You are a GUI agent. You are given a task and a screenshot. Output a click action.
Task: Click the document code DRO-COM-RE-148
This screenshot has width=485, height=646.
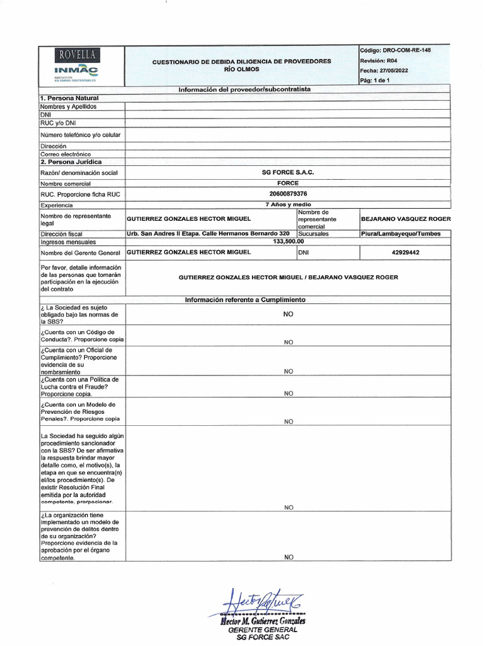click(407, 50)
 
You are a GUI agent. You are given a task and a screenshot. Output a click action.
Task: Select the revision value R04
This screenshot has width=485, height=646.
click(393, 60)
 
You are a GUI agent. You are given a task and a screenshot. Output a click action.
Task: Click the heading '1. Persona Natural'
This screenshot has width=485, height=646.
click(69, 98)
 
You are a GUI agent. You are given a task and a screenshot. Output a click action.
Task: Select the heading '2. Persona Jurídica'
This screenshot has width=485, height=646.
click(71, 162)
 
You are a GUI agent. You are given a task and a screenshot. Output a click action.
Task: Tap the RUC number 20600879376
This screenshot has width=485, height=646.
click(287, 194)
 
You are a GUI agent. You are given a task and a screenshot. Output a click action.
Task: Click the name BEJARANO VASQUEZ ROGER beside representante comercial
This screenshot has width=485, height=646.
click(405, 219)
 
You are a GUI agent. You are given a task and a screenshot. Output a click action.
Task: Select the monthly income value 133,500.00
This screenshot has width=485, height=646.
click(288, 241)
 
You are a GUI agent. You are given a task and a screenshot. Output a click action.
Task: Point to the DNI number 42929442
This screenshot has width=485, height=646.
click(405, 252)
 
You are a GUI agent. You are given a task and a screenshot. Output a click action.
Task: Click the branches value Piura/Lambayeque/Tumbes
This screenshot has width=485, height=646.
click(405, 233)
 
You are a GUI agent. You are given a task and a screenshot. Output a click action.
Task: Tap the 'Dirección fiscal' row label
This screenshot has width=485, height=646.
click(62, 233)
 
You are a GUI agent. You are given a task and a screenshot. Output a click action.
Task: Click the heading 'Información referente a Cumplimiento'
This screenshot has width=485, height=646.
click(245, 300)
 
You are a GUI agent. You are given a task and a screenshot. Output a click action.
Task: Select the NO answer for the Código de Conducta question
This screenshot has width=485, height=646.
click(288, 342)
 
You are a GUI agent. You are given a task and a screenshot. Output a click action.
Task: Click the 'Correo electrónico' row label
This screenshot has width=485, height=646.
click(66, 154)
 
